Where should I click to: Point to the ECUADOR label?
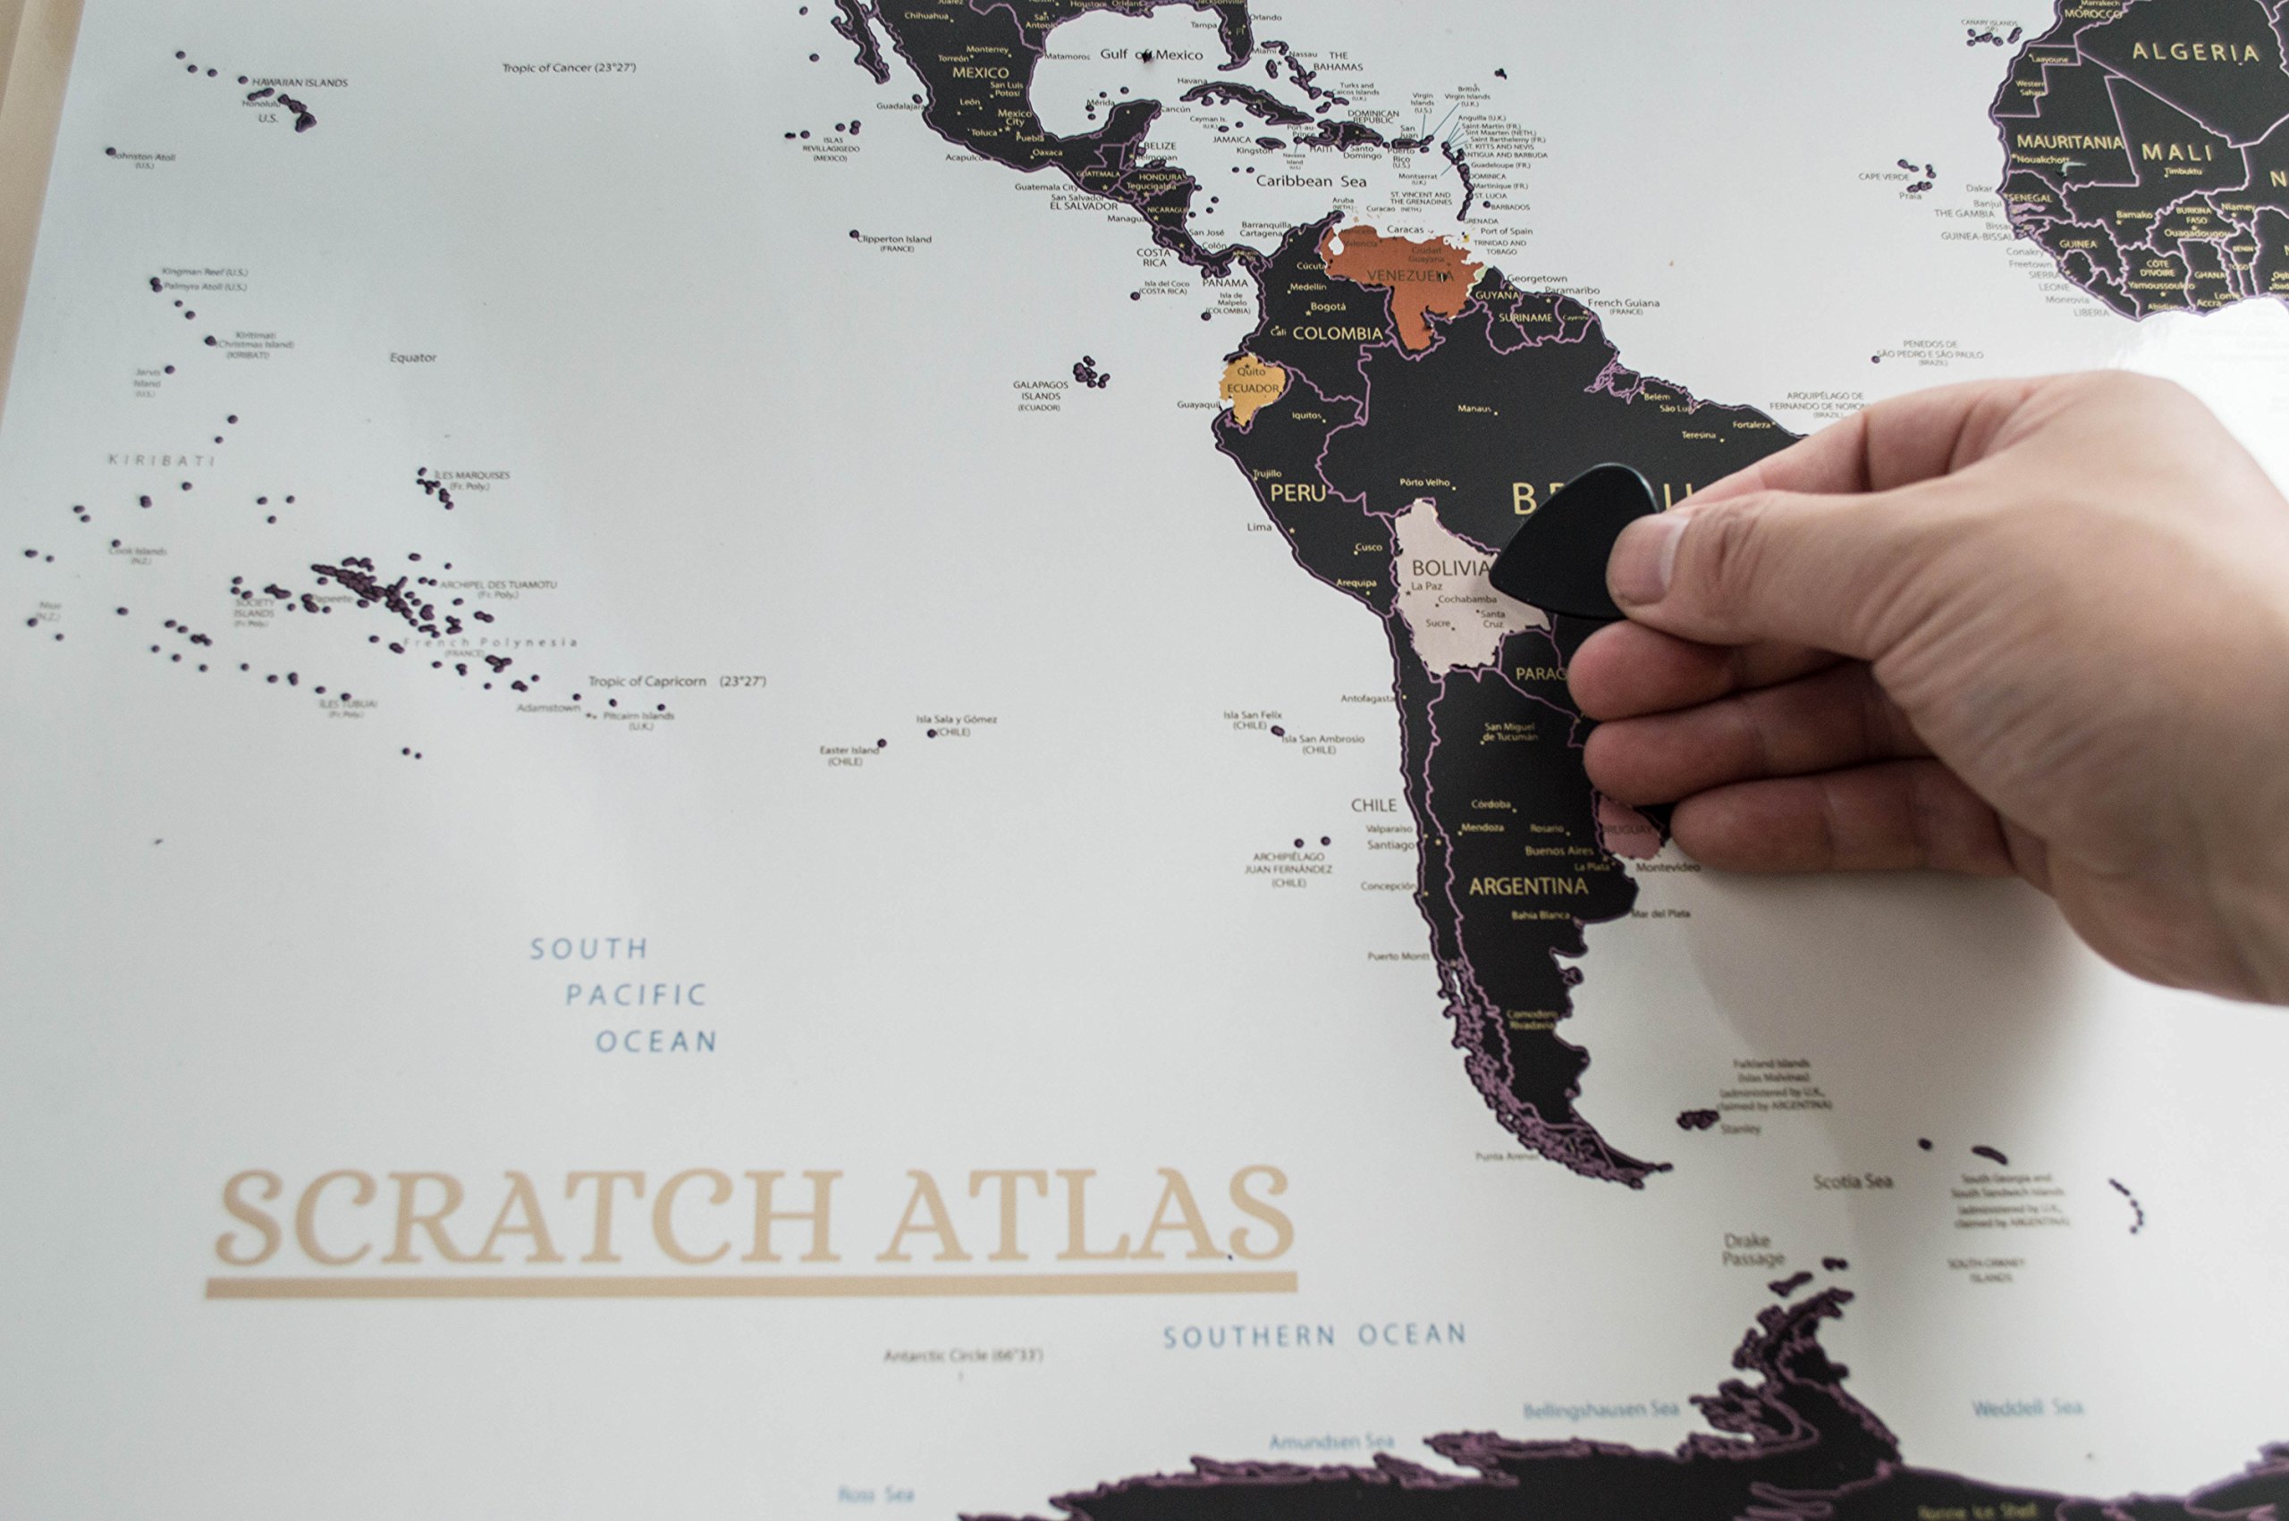tap(1253, 388)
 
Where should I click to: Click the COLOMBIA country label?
tap(1337, 333)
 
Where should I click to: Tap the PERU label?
tap(1297, 492)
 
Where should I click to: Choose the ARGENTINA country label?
tap(1528, 887)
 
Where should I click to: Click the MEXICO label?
tap(980, 72)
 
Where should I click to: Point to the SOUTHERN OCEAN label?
tap(1313, 1337)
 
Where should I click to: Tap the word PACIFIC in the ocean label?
tap(636, 996)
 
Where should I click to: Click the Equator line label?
tap(413, 357)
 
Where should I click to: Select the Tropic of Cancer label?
tap(569, 68)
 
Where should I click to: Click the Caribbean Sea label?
tap(1311, 181)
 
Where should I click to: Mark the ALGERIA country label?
tap(2195, 53)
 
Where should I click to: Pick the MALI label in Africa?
tap(2177, 152)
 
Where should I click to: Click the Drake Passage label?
tap(1753, 1249)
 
